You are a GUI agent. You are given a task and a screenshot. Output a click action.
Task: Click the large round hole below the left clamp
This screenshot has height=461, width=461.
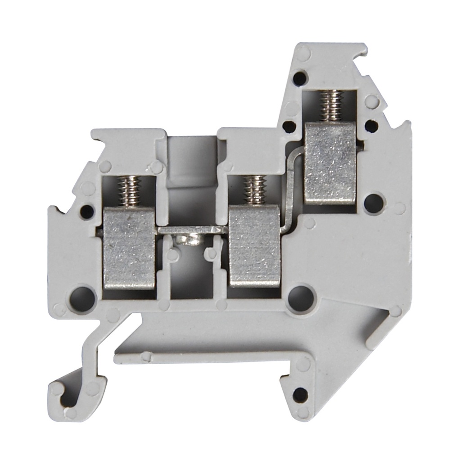[x=82, y=298]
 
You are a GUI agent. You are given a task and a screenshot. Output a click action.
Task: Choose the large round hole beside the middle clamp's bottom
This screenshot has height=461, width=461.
[x=300, y=298]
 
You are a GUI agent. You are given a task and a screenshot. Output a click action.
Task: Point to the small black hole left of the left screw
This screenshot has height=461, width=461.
[x=86, y=211]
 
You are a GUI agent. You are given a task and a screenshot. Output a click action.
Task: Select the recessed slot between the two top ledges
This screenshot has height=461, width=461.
[x=192, y=162]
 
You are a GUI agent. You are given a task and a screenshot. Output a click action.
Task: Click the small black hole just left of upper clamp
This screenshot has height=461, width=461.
[x=289, y=126]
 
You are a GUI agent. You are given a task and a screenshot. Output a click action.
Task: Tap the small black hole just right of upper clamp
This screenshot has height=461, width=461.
[x=371, y=126]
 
